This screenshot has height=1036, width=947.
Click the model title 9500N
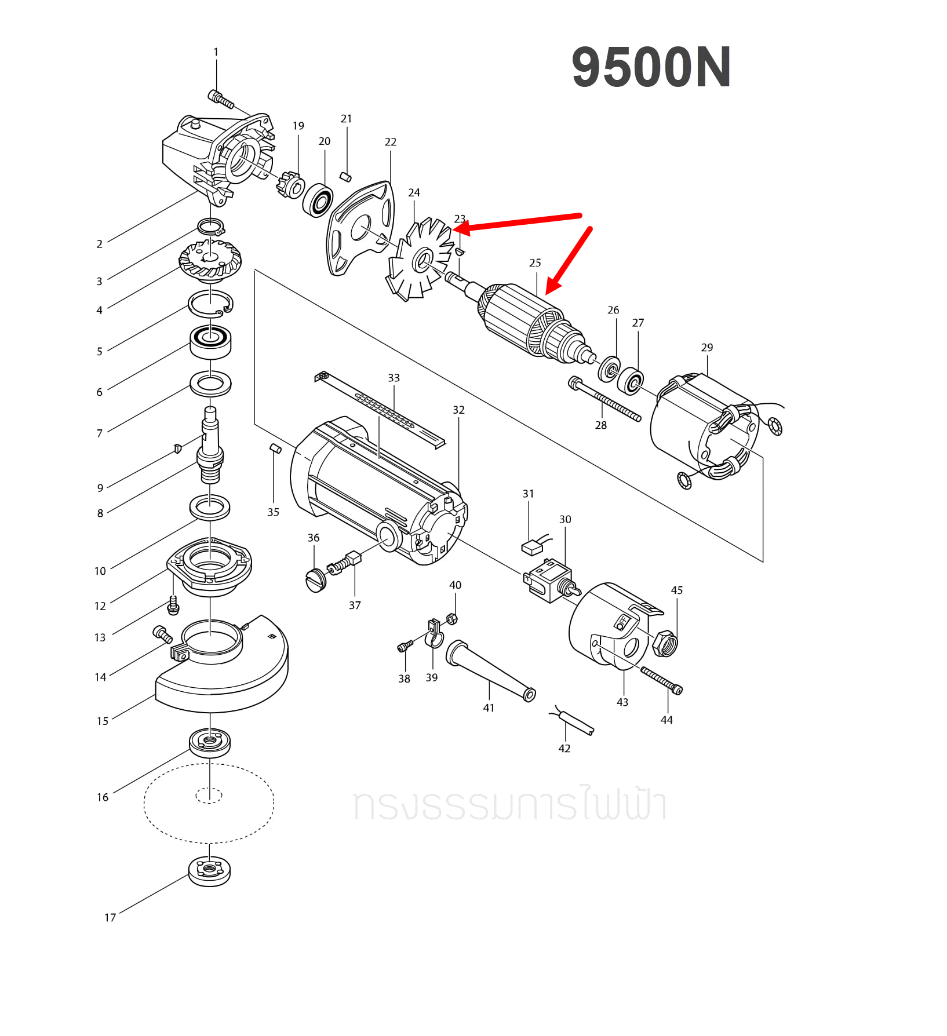click(651, 68)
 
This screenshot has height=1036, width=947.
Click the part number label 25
click(535, 263)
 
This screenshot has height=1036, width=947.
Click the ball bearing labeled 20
click(318, 200)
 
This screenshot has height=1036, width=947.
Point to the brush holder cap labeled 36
click(315, 580)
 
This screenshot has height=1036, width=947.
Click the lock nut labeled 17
click(209, 871)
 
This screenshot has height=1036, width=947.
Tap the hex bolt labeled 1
click(221, 100)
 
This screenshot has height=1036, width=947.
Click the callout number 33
click(394, 378)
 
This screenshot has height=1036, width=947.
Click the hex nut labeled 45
click(664, 643)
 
